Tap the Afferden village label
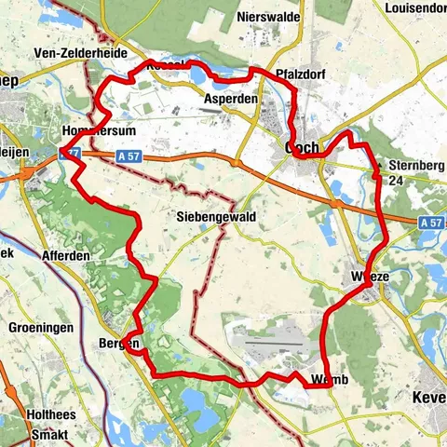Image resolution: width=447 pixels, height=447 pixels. pos(65,256)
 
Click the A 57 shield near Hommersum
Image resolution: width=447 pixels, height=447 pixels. pos(128,156)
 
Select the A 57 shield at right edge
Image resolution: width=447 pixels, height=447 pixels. pos(430,223)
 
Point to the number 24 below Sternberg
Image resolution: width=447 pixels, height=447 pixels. pos(396,181)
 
